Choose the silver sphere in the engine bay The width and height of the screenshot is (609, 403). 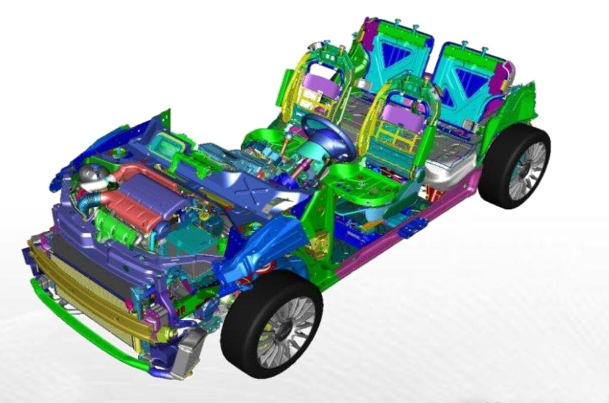(x=89, y=175)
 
